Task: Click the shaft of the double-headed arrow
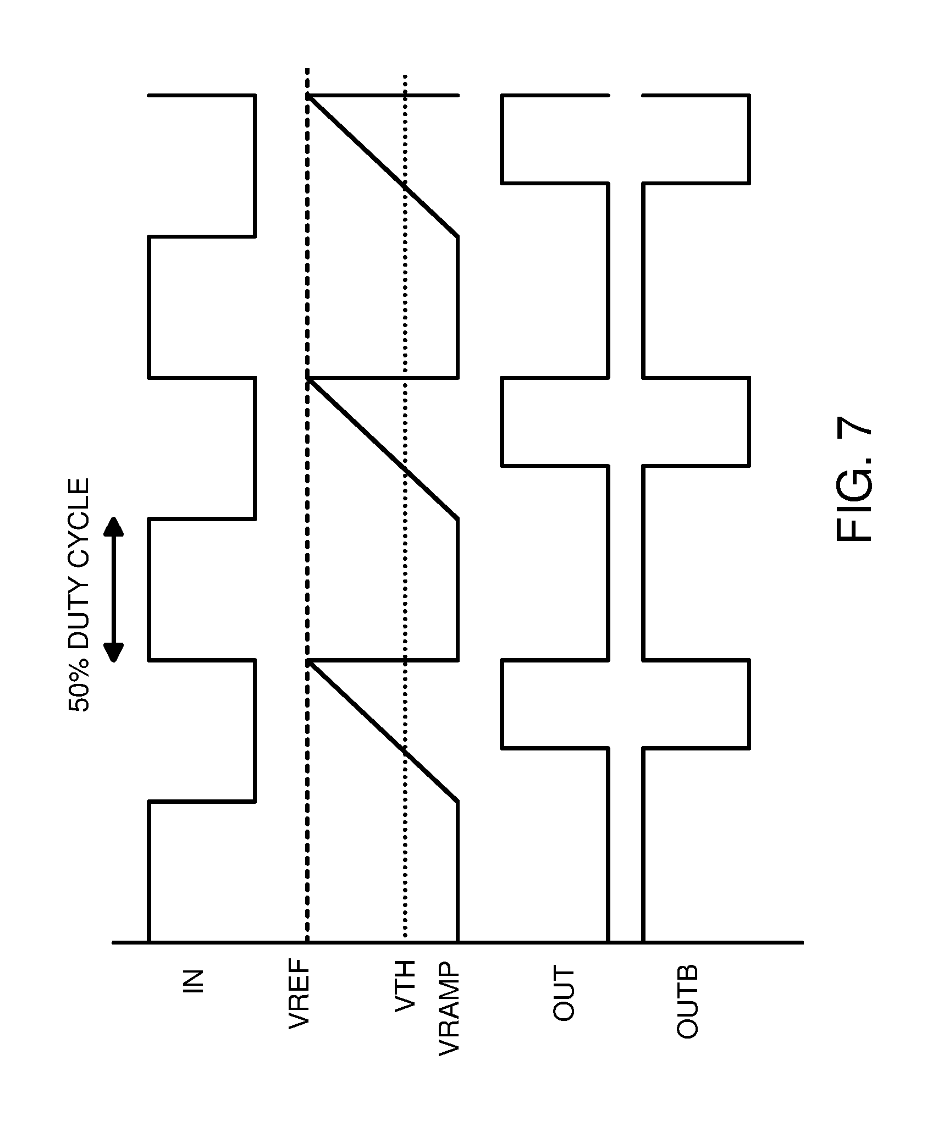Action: pyautogui.click(x=114, y=589)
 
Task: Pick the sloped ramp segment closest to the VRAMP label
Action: pyautogui.click(x=385, y=731)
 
